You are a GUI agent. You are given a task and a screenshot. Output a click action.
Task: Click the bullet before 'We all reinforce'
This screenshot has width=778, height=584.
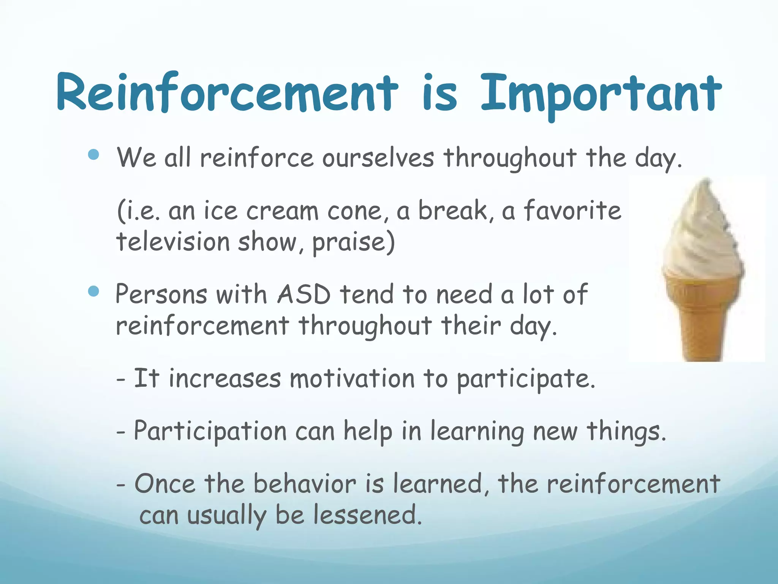pyautogui.click(x=93, y=155)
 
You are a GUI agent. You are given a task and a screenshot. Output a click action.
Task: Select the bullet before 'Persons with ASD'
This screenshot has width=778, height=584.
pyautogui.click(x=93, y=292)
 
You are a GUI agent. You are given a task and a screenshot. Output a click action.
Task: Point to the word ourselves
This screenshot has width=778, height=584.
pyautogui.click(x=378, y=158)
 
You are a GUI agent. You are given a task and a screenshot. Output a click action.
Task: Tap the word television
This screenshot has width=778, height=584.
pyautogui.click(x=173, y=242)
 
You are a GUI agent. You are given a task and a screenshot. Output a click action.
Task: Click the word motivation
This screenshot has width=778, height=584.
pyautogui.click(x=352, y=379)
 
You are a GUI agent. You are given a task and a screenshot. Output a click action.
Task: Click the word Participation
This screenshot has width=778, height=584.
pyautogui.click(x=210, y=432)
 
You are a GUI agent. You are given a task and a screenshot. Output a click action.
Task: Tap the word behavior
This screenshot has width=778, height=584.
pyautogui.click(x=305, y=484)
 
